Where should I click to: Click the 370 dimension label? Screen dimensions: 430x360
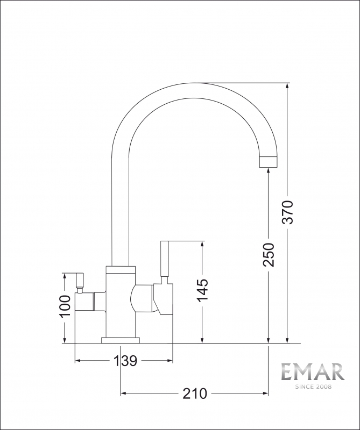pyautogui.click(x=288, y=212)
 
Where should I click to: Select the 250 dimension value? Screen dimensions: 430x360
pyautogui.click(x=269, y=255)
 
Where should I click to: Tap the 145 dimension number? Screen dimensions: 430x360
pyautogui.click(x=202, y=291)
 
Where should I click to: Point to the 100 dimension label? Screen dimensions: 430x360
pyautogui.click(x=65, y=306)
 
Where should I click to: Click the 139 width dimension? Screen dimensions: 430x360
pyautogui.click(x=124, y=360)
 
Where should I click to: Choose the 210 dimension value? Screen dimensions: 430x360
pyautogui.click(x=194, y=394)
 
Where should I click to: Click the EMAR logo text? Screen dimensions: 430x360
pyautogui.click(x=313, y=372)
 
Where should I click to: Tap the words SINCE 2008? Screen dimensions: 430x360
pyautogui.click(x=313, y=386)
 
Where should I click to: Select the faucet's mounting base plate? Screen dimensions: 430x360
pyautogui.click(x=121, y=339)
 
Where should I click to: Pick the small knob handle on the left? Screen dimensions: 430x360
pyautogui.click(x=81, y=281)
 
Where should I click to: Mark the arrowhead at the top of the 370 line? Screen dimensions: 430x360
pyautogui.click(x=288, y=87)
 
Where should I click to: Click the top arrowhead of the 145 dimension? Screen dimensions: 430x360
pyautogui.click(x=202, y=245)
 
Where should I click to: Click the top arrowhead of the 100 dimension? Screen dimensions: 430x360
pyautogui.click(x=65, y=277)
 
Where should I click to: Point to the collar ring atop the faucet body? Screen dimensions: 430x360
pyautogui.click(x=121, y=269)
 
